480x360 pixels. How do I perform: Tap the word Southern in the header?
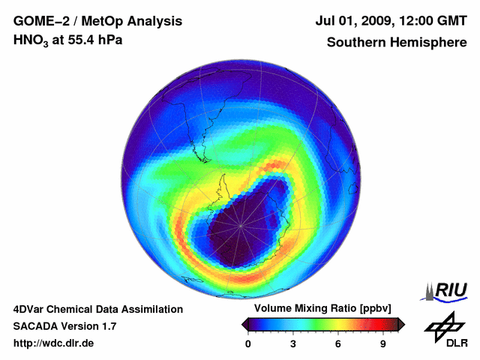(357, 42)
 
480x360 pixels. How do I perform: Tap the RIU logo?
(448, 290)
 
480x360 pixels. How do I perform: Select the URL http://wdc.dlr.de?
(54, 343)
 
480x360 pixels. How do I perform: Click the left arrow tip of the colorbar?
(244, 324)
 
